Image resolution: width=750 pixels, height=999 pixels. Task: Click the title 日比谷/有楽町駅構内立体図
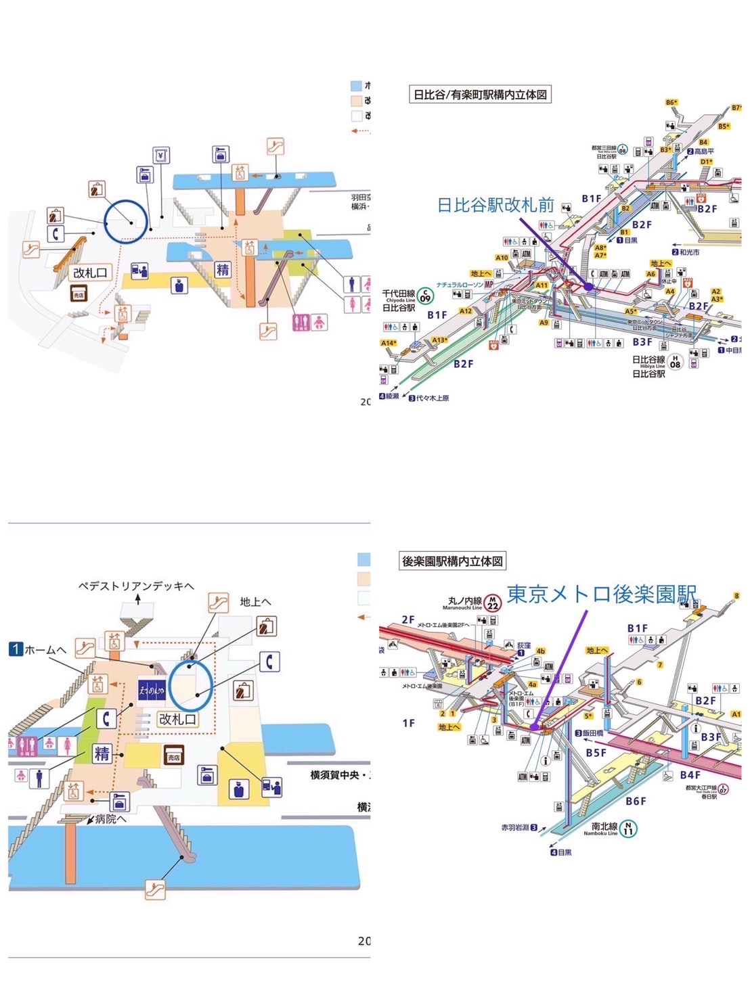point(480,95)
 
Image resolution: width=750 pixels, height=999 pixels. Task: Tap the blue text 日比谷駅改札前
point(495,205)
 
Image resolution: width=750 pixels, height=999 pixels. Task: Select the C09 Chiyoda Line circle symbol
point(425,296)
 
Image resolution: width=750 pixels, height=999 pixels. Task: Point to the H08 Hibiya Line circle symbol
point(674,363)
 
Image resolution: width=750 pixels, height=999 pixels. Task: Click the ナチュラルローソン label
point(460,285)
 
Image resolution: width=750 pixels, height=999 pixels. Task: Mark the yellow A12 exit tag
point(466,311)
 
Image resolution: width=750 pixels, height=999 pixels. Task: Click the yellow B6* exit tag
point(671,103)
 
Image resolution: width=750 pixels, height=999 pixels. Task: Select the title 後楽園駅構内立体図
point(452,561)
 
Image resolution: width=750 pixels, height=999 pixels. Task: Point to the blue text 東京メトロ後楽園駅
point(601,594)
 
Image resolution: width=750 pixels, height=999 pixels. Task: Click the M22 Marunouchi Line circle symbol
point(493,602)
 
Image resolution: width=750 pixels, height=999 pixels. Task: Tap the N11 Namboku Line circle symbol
point(628,828)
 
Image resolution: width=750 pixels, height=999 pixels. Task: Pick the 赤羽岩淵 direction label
point(519,827)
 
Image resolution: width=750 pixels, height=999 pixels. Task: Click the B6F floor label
point(636,801)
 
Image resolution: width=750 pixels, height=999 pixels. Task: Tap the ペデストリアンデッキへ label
point(136,586)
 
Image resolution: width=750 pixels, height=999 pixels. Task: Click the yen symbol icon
point(161,156)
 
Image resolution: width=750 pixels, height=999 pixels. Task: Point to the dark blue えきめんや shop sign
point(152,690)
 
